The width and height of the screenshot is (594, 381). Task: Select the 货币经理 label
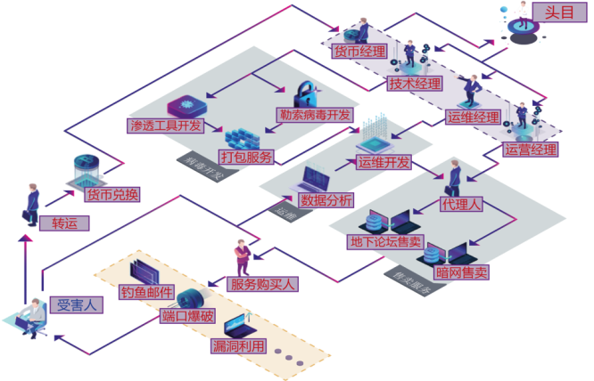[x=359, y=52]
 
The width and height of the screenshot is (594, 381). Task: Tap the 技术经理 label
[x=415, y=84]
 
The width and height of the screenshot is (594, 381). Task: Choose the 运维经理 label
[x=473, y=117]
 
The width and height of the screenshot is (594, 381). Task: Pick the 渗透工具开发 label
[x=166, y=126]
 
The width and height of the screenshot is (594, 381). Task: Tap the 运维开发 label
[x=384, y=162]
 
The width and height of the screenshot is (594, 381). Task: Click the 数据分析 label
[x=326, y=199]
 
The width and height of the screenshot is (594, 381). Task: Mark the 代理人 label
[x=461, y=204]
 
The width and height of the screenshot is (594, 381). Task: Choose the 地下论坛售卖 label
[x=385, y=242]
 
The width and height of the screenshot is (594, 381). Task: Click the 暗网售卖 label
[x=461, y=272]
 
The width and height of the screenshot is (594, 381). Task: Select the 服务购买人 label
[x=263, y=285]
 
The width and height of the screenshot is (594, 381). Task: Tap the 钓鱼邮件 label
[x=145, y=291]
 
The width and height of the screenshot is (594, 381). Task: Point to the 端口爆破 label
[x=188, y=316]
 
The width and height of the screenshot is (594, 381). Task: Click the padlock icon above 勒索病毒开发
[x=305, y=92]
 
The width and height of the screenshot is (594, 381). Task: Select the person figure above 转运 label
[x=33, y=198]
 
